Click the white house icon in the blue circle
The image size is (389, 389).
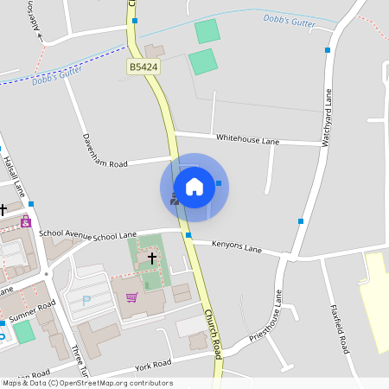tap(194, 187)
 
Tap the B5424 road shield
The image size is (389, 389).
tap(143, 67)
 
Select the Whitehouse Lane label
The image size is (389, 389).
tap(248, 138)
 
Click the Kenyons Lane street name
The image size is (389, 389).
tap(237, 248)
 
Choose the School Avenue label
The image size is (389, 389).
tap(66, 233)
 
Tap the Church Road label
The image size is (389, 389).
tap(213, 333)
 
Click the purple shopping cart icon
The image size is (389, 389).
tap(131, 297)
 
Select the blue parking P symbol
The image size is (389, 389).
tap(86, 300)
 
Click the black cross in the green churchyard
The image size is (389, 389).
tap(152, 258)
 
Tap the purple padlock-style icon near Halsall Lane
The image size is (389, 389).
tap(26, 222)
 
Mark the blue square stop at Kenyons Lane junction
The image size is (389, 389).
tap(188, 234)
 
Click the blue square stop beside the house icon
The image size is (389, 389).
tap(220, 183)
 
